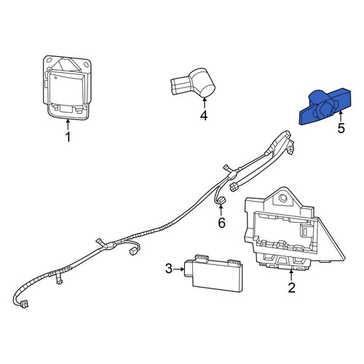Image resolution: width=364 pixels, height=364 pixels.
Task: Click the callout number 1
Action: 68,137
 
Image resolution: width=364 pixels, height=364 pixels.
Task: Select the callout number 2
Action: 291,288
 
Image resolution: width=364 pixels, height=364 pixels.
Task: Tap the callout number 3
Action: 169,269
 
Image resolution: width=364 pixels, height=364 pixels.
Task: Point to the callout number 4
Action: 204,115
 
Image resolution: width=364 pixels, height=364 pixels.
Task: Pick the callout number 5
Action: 341,128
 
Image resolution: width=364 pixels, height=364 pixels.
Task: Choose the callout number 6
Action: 221,223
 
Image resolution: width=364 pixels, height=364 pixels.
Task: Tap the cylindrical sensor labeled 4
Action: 194,82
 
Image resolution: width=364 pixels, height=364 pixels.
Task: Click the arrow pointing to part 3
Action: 179,269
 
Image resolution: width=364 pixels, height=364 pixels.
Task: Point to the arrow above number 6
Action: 221,210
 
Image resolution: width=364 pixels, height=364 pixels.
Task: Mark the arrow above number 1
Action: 68,124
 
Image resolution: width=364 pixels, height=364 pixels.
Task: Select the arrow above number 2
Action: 291,275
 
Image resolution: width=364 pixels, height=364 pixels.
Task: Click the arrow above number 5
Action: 341,116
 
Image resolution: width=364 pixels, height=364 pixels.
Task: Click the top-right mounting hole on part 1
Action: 86,65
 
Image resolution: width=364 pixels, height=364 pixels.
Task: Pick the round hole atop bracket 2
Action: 282,198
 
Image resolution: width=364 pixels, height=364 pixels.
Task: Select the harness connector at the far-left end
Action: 24,304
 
